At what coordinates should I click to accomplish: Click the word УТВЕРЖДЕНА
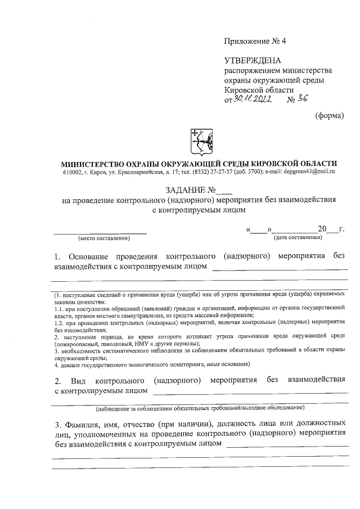point(252,61)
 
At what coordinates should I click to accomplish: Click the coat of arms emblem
point(199,141)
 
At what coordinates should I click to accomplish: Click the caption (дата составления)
point(298,238)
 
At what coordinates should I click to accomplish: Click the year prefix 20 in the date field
point(322,229)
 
